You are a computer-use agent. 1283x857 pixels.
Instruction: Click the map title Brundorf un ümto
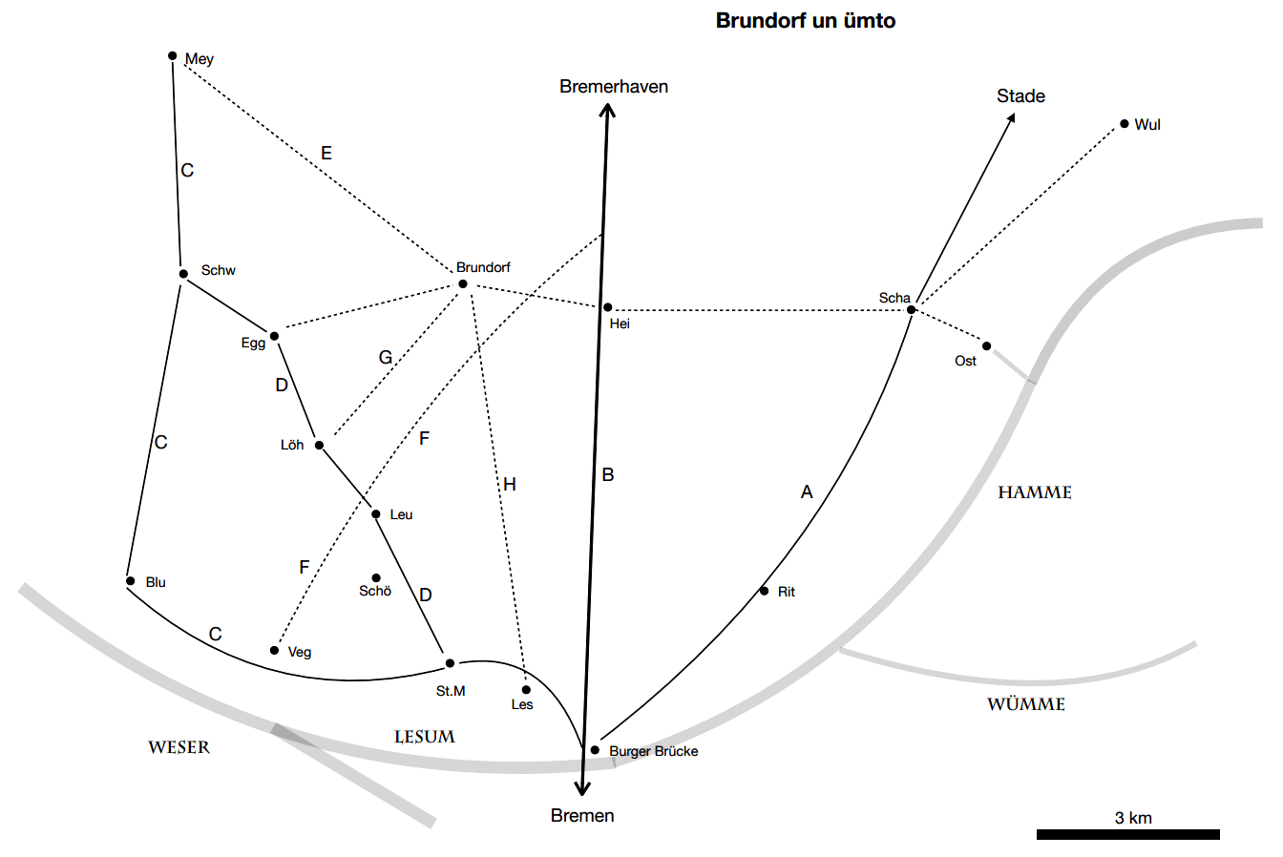(x=805, y=20)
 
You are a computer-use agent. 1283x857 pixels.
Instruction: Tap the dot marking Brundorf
(x=463, y=283)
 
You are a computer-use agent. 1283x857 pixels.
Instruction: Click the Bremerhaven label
(x=614, y=87)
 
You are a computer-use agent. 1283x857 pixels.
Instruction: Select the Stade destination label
(x=1020, y=96)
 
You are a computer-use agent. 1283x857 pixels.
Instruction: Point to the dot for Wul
(x=1125, y=124)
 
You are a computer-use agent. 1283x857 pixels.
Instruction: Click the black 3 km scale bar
(x=1127, y=835)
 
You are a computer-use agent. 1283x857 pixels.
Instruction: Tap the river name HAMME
(x=1034, y=493)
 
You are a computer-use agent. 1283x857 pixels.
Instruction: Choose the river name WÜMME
(x=1025, y=705)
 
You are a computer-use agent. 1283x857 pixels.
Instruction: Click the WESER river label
(x=179, y=747)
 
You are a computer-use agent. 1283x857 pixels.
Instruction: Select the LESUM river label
(x=425, y=737)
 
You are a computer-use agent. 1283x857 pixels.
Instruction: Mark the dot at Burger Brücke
(x=595, y=750)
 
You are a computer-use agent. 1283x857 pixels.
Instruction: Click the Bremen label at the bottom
(x=582, y=816)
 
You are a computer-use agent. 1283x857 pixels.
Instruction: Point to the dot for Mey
(x=173, y=55)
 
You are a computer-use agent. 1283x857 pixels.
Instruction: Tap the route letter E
(x=326, y=154)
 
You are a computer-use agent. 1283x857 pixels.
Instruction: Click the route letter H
(x=510, y=485)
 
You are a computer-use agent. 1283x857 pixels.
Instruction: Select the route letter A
(x=807, y=492)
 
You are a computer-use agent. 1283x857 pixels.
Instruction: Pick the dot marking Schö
(x=376, y=577)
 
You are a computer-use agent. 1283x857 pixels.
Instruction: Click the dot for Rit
(x=764, y=591)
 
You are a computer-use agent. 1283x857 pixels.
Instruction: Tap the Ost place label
(x=965, y=362)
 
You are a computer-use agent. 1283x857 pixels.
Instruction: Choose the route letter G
(x=386, y=358)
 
